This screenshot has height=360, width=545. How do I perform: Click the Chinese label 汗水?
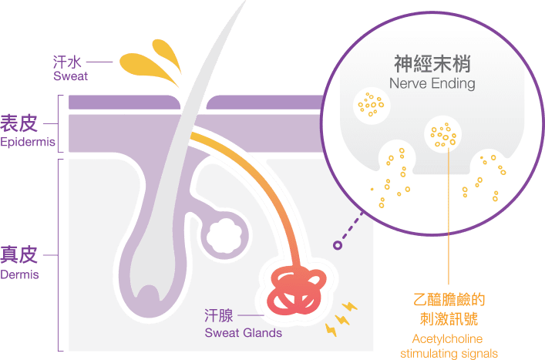(66, 60)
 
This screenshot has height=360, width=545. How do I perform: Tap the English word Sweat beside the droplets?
(70, 76)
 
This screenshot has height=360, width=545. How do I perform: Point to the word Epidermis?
(28, 143)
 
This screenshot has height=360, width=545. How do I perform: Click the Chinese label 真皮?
(19, 254)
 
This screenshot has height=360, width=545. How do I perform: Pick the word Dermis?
(21, 274)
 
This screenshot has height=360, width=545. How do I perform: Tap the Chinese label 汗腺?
(219, 316)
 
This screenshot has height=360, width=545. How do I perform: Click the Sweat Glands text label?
(243, 334)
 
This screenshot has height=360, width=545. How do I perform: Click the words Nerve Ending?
(432, 82)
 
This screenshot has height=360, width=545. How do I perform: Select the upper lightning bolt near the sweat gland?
(347, 308)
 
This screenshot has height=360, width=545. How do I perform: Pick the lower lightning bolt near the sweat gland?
(331, 329)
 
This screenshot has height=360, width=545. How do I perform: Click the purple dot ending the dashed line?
(338, 246)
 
